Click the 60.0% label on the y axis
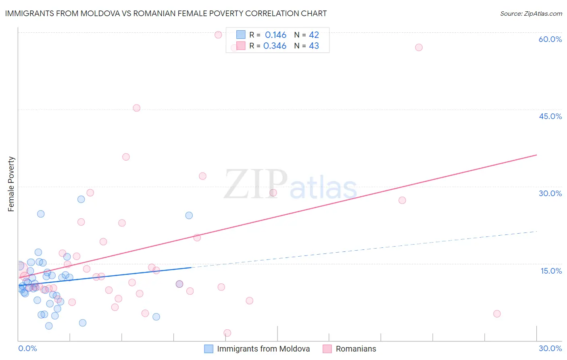(x=550, y=39)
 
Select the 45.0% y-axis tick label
(x=550, y=116)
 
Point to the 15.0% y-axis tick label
(x=551, y=271)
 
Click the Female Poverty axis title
(x=11, y=184)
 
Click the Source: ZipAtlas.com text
(x=531, y=14)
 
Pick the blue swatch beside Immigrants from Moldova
(x=208, y=349)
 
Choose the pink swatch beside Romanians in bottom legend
(x=327, y=349)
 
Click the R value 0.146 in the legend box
(x=275, y=35)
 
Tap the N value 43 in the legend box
(x=314, y=46)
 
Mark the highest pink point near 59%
(x=218, y=35)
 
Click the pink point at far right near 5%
(x=497, y=314)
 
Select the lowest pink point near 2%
(x=227, y=333)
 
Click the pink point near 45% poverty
(x=137, y=108)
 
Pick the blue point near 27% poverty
(x=81, y=199)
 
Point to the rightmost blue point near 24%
(x=189, y=216)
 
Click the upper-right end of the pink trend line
(x=537, y=155)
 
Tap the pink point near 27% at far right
(x=402, y=200)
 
